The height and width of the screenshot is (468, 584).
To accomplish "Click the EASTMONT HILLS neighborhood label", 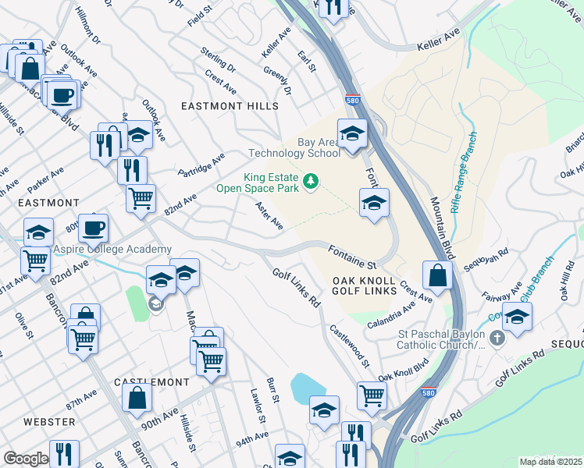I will (x=230, y=106).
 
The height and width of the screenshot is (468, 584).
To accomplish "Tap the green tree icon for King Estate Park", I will (x=312, y=182).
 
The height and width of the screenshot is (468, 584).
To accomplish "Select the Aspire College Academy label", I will (x=112, y=249).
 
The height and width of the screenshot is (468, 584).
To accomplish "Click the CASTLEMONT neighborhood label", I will (x=151, y=382).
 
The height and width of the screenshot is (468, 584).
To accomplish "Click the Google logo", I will (x=25, y=459).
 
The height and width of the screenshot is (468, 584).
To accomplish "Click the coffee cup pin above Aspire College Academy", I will (x=93, y=229).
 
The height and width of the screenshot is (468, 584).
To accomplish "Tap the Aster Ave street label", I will (x=269, y=216).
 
